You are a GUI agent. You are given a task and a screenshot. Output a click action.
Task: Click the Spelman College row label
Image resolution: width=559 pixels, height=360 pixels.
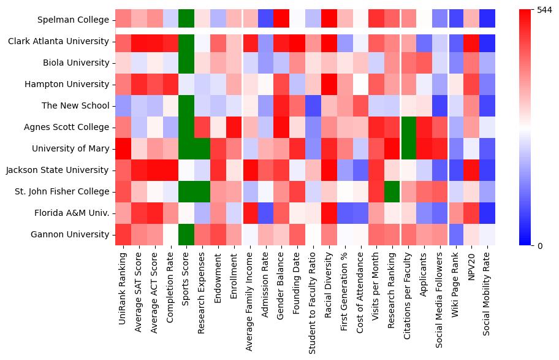72,20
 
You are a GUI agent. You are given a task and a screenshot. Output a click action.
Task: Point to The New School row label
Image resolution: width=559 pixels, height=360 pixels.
75,105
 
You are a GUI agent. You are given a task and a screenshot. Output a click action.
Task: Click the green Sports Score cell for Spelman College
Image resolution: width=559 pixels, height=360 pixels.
186,20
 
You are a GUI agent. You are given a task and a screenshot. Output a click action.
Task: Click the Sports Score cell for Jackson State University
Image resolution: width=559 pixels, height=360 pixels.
186,170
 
